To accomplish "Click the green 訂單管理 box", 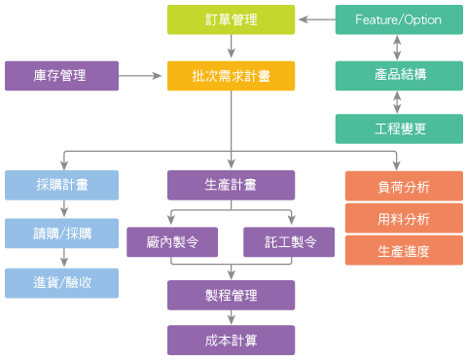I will coord(231,19).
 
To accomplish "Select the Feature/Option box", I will coord(398,19).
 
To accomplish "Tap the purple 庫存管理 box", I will coord(61,75).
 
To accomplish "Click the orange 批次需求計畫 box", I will coord(231,75).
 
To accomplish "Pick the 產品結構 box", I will coord(398,75).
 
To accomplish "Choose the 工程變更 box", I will coord(398,128).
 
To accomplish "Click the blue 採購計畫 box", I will coord(61,185).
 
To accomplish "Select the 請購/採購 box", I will coord(61,234).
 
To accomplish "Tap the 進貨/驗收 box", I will coord(61,282).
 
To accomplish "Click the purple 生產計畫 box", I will coord(231,185).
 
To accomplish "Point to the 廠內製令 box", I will coord(171,241).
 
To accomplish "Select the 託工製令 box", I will coord(288,241).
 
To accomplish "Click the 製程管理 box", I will coord(231,295).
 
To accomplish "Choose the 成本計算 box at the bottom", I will coord(231,340).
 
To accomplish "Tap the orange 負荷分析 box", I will coord(403,186).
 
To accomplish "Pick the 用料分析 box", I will coord(403,218).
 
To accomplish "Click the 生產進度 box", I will coord(403,250).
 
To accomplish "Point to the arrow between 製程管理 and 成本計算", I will coord(231,317).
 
